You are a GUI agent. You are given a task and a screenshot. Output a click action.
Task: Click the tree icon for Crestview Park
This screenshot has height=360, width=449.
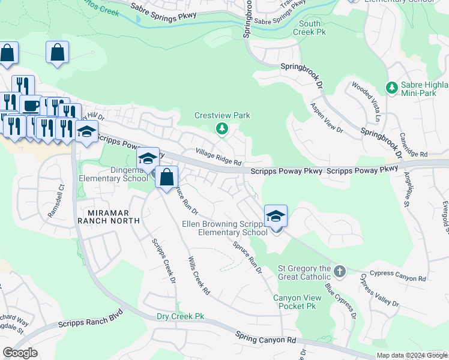click(x=222, y=128)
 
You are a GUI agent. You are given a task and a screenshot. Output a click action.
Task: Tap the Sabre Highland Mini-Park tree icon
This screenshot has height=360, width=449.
click(x=392, y=88)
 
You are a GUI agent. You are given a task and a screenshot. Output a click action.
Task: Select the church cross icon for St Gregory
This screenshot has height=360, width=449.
click(x=339, y=272)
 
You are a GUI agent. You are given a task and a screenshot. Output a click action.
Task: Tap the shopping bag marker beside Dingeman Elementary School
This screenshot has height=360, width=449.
click(x=167, y=176)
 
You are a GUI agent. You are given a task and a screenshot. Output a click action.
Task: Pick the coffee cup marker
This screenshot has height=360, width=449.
click(x=30, y=106)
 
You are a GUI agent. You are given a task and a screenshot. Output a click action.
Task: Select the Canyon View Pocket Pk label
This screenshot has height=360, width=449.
click(x=294, y=302)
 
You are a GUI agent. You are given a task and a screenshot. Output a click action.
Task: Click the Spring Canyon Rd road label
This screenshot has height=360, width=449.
click(x=265, y=337)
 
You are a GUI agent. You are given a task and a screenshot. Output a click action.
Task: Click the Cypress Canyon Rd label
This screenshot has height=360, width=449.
click(x=400, y=278)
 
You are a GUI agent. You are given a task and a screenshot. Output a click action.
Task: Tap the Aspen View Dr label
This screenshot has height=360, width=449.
click(x=327, y=117)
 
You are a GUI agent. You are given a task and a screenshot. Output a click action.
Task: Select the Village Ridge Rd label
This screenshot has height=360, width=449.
click(x=218, y=158)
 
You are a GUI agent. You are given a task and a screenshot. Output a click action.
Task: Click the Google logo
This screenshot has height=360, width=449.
click(x=20, y=353)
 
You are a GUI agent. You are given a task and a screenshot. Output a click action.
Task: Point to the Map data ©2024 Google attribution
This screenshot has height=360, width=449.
click(x=412, y=355)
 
